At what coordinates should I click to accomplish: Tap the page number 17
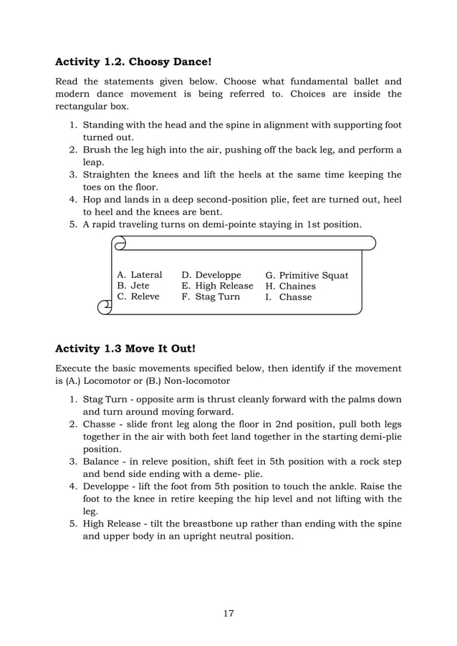coord(228,613)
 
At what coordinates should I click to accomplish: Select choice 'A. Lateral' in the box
coord(140,275)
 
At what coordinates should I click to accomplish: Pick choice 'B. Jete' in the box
coord(133,286)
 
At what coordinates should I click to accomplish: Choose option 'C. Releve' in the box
coord(138,297)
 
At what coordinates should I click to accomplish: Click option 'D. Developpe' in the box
coord(211,275)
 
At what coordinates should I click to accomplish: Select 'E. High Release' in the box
coord(217,286)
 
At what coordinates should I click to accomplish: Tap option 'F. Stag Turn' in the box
coord(211,297)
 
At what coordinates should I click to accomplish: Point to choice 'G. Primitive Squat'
coord(307,276)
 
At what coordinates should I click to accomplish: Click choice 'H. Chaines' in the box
coord(290,286)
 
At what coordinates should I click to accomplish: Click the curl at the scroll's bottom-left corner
coord(105,307)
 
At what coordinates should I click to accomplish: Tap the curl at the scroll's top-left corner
coord(120,244)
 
